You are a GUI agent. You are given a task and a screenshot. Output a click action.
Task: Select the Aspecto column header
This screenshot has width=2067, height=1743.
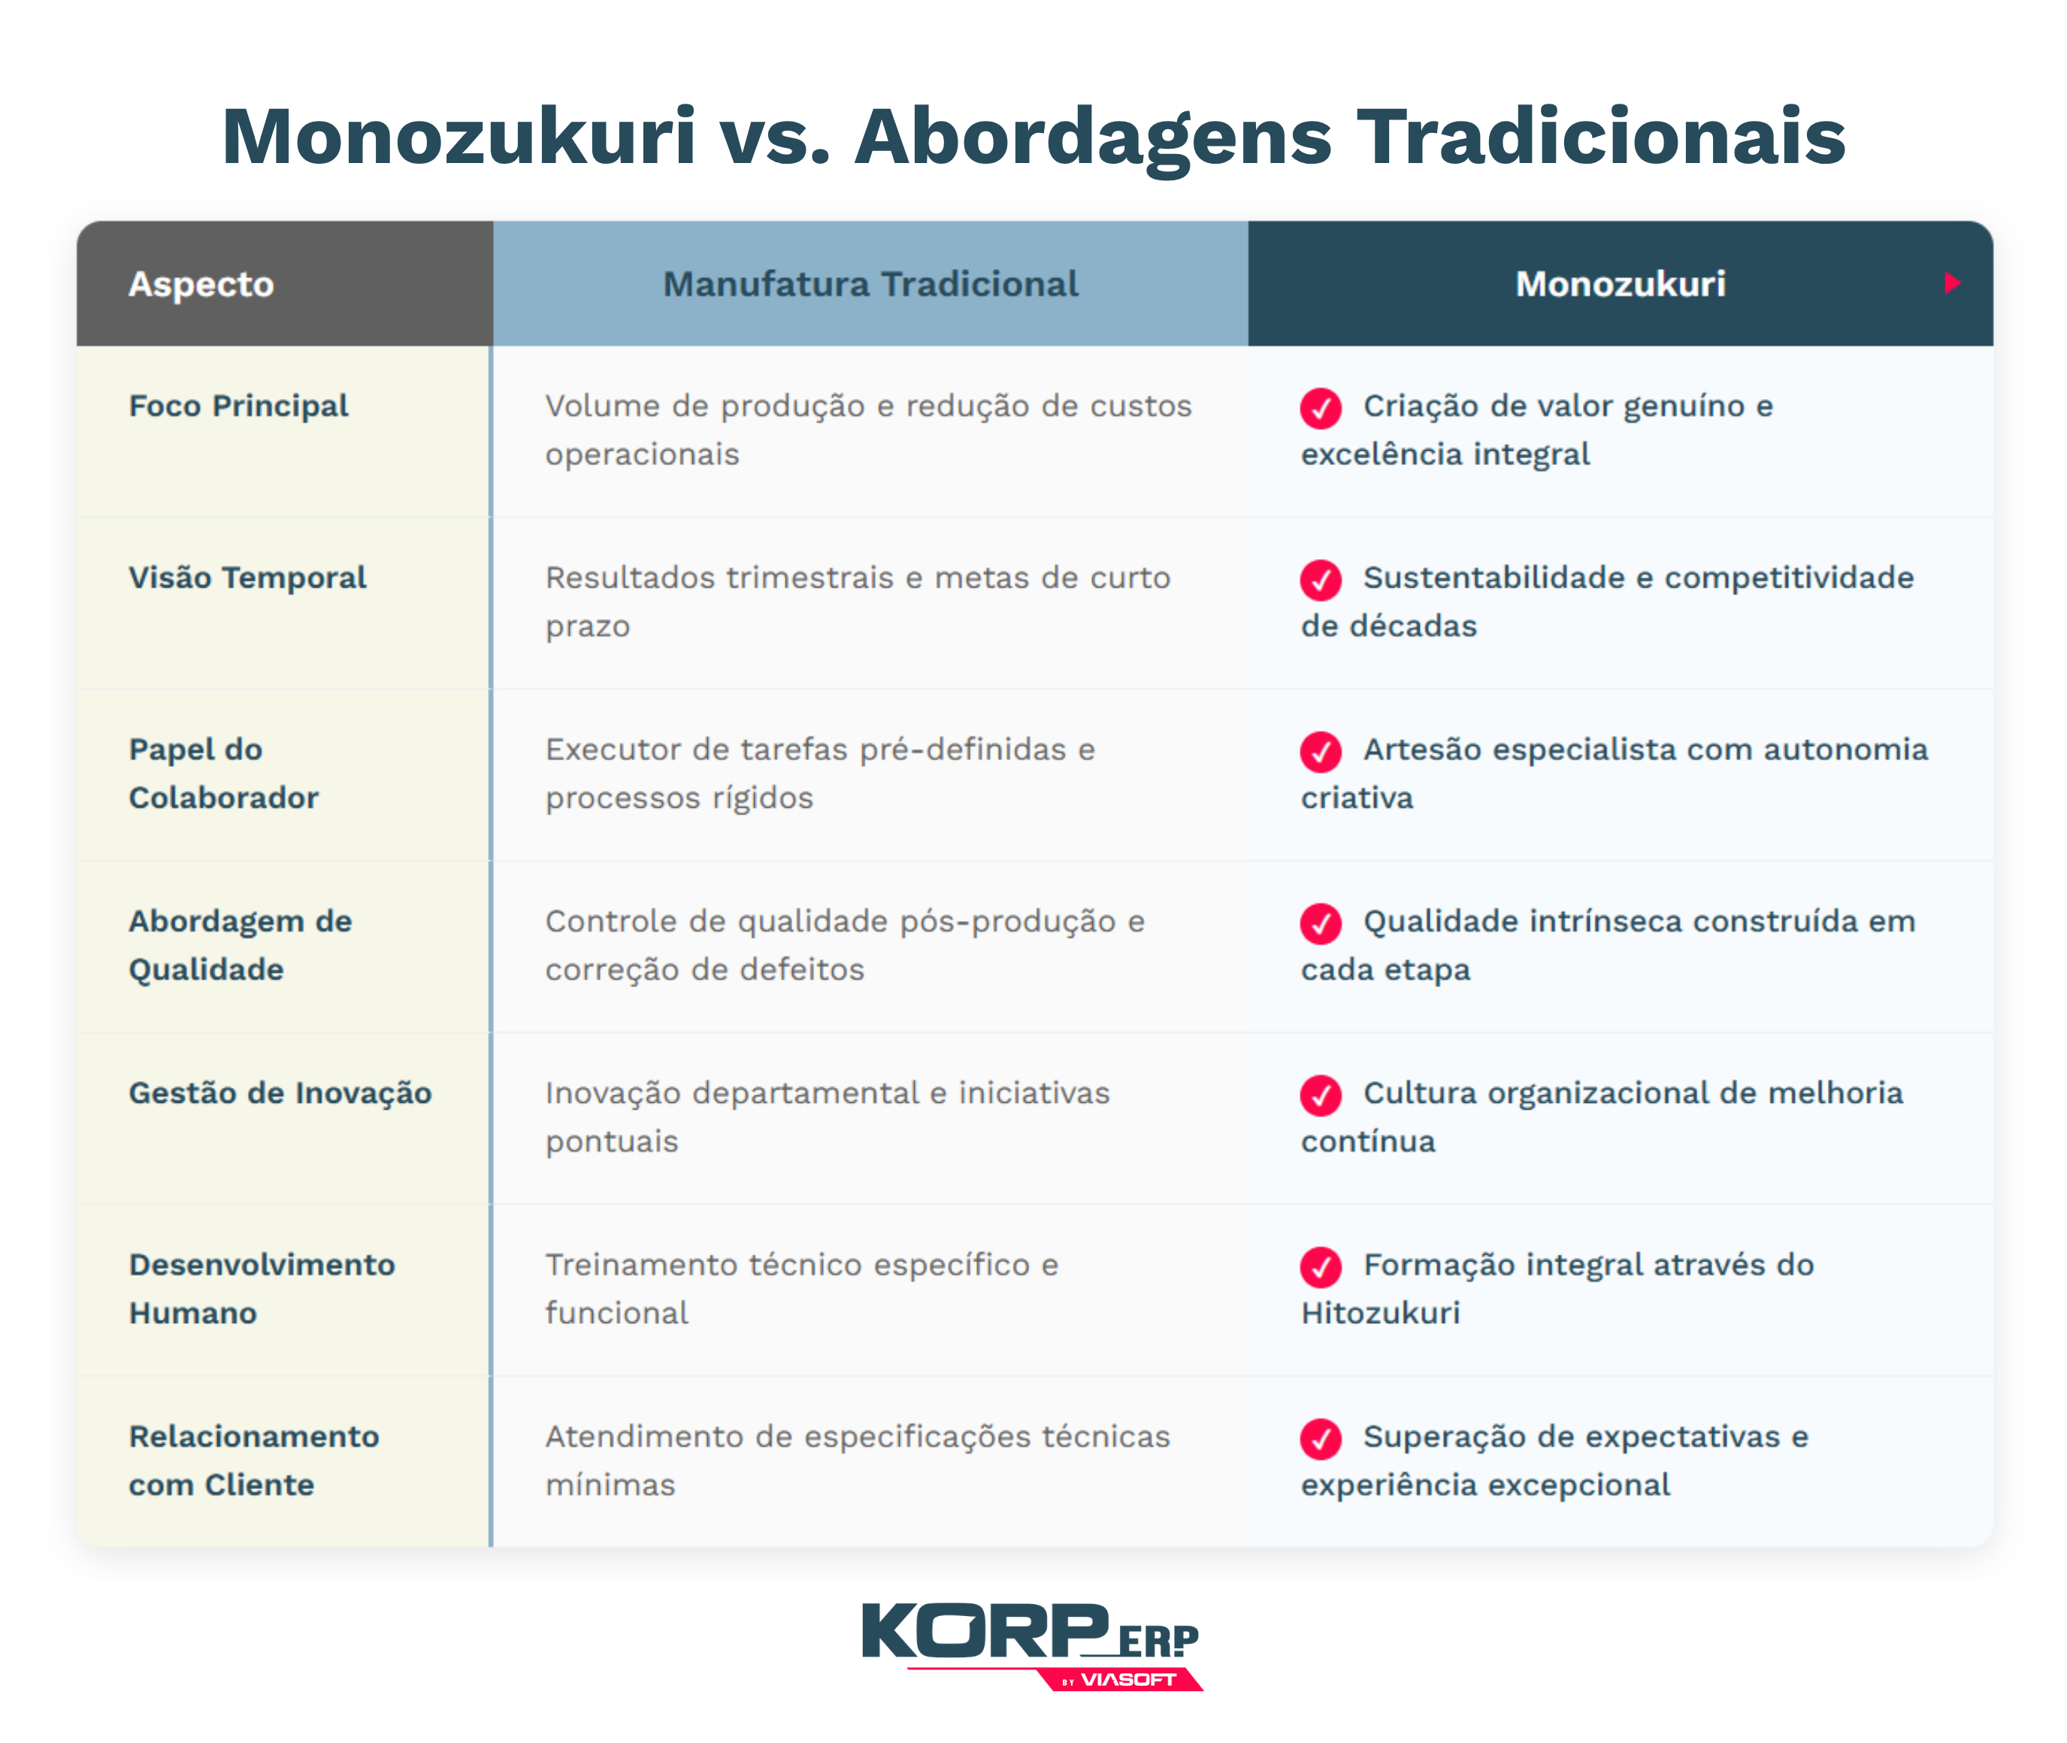pyautogui.click(x=201, y=285)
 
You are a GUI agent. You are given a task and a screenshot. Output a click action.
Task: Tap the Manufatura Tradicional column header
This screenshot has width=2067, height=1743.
pyautogui.click(x=870, y=285)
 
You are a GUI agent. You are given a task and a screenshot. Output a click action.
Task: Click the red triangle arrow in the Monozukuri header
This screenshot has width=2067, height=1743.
pyautogui.click(x=1951, y=283)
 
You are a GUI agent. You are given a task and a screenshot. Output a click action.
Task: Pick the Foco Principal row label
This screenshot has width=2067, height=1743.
pyautogui.click(x=238, y=406)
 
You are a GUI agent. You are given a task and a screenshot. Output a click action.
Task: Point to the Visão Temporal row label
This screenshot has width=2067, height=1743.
pyautogui.click(x=247, y=578)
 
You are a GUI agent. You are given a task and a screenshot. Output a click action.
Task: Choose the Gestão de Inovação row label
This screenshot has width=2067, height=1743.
pyautogui.click(x=280, y=1093)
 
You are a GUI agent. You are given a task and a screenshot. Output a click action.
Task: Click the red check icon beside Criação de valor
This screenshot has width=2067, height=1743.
pyautogui.click(x=1321, y=408)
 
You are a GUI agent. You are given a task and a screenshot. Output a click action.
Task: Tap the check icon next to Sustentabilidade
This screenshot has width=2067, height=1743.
pyautogui.click(x=1321, y=580)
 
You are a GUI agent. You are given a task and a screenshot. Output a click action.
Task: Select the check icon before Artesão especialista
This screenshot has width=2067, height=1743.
pyautogui.click(x=1321, y=752)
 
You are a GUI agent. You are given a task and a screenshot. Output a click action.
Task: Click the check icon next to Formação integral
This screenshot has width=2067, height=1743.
pyautogui.click(x=1321, y=1267)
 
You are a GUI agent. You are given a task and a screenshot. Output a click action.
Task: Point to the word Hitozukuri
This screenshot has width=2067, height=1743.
pyautogui.click(x=1380, y=1313)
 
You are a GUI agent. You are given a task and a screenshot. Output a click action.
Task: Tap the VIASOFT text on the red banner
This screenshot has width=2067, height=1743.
pyautogui.click(x=1128, y=1680)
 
